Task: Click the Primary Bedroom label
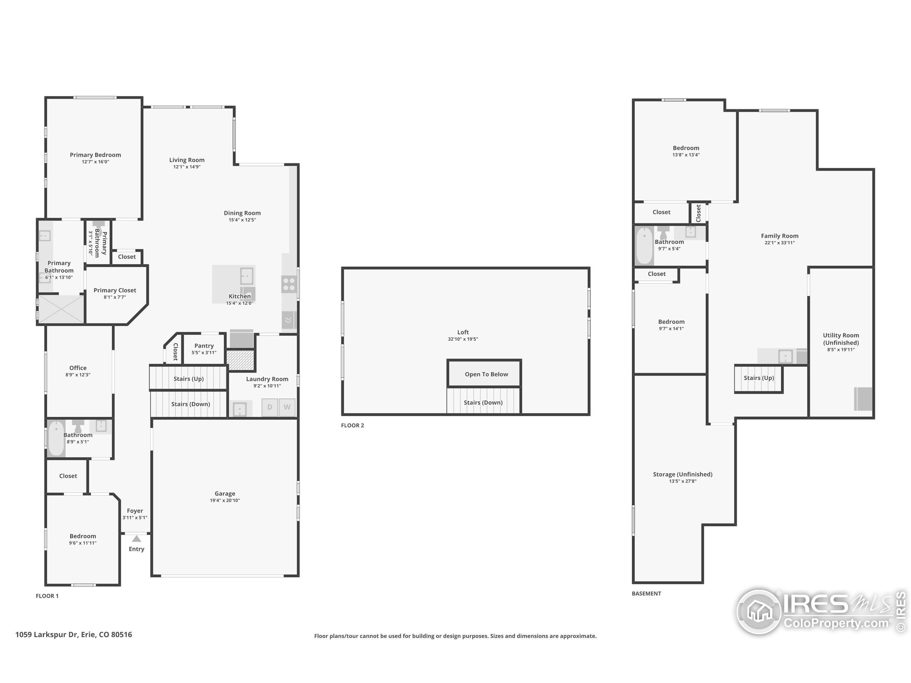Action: tap(95, 155)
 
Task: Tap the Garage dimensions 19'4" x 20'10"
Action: tap(225, 501)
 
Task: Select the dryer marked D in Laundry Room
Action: tap(270, 407)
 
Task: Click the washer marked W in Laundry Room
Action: tap(287, 407)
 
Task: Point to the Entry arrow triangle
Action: tap(136, 539)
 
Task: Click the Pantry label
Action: tap(204, 346)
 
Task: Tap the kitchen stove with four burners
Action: tap(289, 284)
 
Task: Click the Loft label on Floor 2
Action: tap(463, 332)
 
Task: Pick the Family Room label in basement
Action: tap(779, 236)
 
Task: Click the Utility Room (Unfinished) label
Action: tap(841, 339)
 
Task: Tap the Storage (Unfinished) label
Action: tap(683, 474)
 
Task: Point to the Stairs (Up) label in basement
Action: tap(759, 378)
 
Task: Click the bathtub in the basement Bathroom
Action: tap(644, 246)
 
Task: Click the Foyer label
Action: tap(135, 510)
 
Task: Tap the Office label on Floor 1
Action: tap(78, 368)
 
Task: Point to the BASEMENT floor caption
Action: tap(646, 593)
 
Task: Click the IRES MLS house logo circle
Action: tap(759, 612)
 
